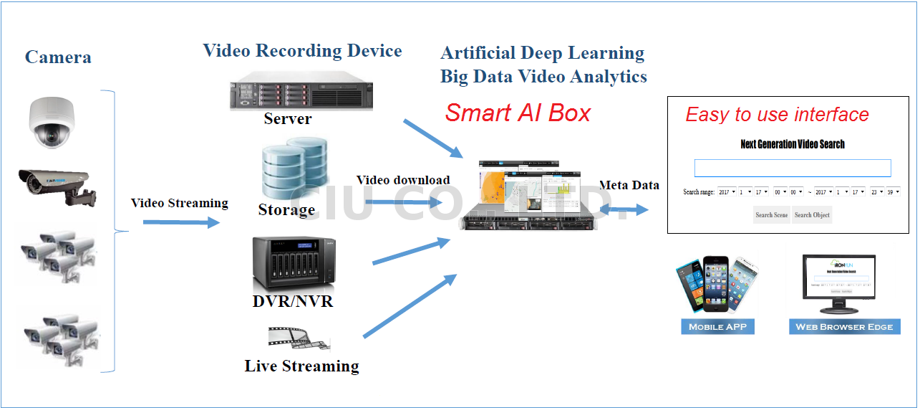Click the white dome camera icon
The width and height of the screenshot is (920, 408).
[x=52, y=124]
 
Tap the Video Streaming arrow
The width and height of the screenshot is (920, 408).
[x=180, y=222]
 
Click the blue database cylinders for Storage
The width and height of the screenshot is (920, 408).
[x=291, y=170]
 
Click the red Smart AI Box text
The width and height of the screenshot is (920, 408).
[x=518, y=113]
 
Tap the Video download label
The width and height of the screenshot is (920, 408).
[x=403, y=180]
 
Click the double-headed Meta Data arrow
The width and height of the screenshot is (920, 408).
[x=624, y=209]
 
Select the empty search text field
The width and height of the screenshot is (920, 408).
[x=793, y=168]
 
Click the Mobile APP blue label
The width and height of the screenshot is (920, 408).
[x=717, y=327]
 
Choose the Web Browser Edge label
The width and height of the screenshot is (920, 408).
[x=844, y=327]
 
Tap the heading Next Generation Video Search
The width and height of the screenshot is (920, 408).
[x=793, y=144]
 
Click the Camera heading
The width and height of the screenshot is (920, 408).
[x=58, y=57]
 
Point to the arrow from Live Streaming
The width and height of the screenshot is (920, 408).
[x=410, y=305]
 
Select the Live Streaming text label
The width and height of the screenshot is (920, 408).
[x=301, y=366]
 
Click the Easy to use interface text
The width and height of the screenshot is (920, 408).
[x=777, y=115]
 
